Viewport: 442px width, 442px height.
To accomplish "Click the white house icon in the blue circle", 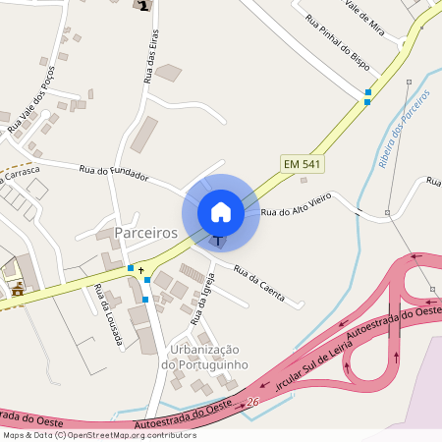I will point(220,211).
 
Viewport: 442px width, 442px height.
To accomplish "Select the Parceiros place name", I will point(145,233).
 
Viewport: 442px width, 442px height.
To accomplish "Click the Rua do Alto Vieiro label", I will point(298,204).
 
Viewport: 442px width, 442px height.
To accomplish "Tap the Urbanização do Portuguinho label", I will point(205,357).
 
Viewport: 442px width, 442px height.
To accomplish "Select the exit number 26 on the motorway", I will point(252,402).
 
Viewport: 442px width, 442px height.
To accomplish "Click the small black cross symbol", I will point(140,268).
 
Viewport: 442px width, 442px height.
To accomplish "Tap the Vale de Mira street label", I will point(371,18).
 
